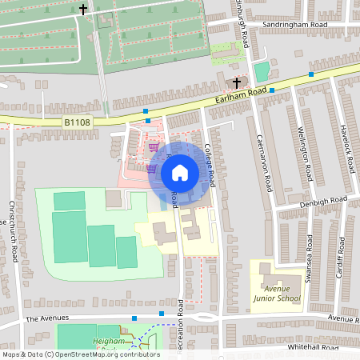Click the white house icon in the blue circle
click(179, 172)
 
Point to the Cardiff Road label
click(342, 261)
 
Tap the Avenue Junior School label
click(277, 294)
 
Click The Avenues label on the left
click(43, 318)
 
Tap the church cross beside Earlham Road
click(236, 83)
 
